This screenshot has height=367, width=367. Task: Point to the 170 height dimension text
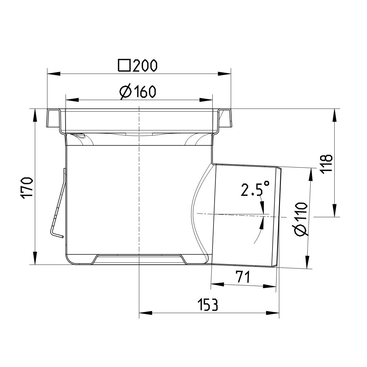[27, 187]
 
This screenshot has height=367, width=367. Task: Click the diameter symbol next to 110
[300, 231]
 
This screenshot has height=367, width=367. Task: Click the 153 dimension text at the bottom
[208, 305]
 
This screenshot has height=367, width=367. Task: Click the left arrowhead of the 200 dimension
[53, 74]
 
